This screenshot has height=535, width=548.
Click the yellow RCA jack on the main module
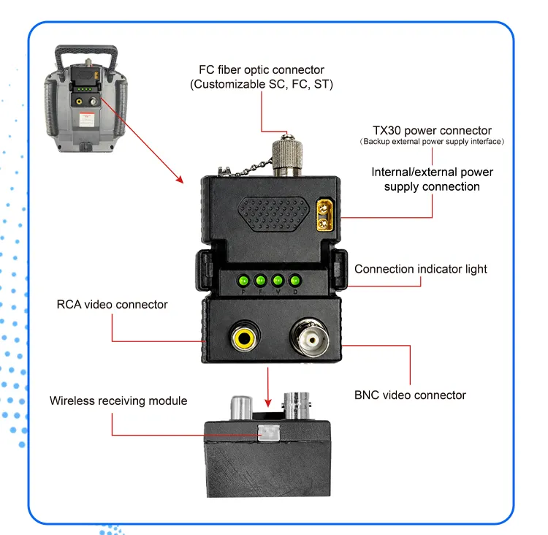point(244,338)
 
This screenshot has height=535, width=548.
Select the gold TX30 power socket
point(324,215)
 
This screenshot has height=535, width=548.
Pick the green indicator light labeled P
point(243,281)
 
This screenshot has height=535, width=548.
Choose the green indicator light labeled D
point(295,281)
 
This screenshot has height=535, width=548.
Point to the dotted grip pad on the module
point(273,214)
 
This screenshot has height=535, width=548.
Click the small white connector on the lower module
point(269,433)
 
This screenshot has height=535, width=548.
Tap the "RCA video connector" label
point(113,305)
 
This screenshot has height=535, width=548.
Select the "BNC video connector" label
point(411,395)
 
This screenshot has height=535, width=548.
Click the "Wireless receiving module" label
point(118,401)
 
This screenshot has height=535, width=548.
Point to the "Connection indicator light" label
point(420,269)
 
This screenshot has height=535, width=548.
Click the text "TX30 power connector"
point(433,130)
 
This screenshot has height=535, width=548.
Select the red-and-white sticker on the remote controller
point(87,119)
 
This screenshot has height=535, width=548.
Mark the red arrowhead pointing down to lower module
point(268,403)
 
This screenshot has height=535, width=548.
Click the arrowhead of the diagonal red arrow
point(180,179)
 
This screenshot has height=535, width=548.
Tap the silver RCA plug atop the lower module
point(242,407)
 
